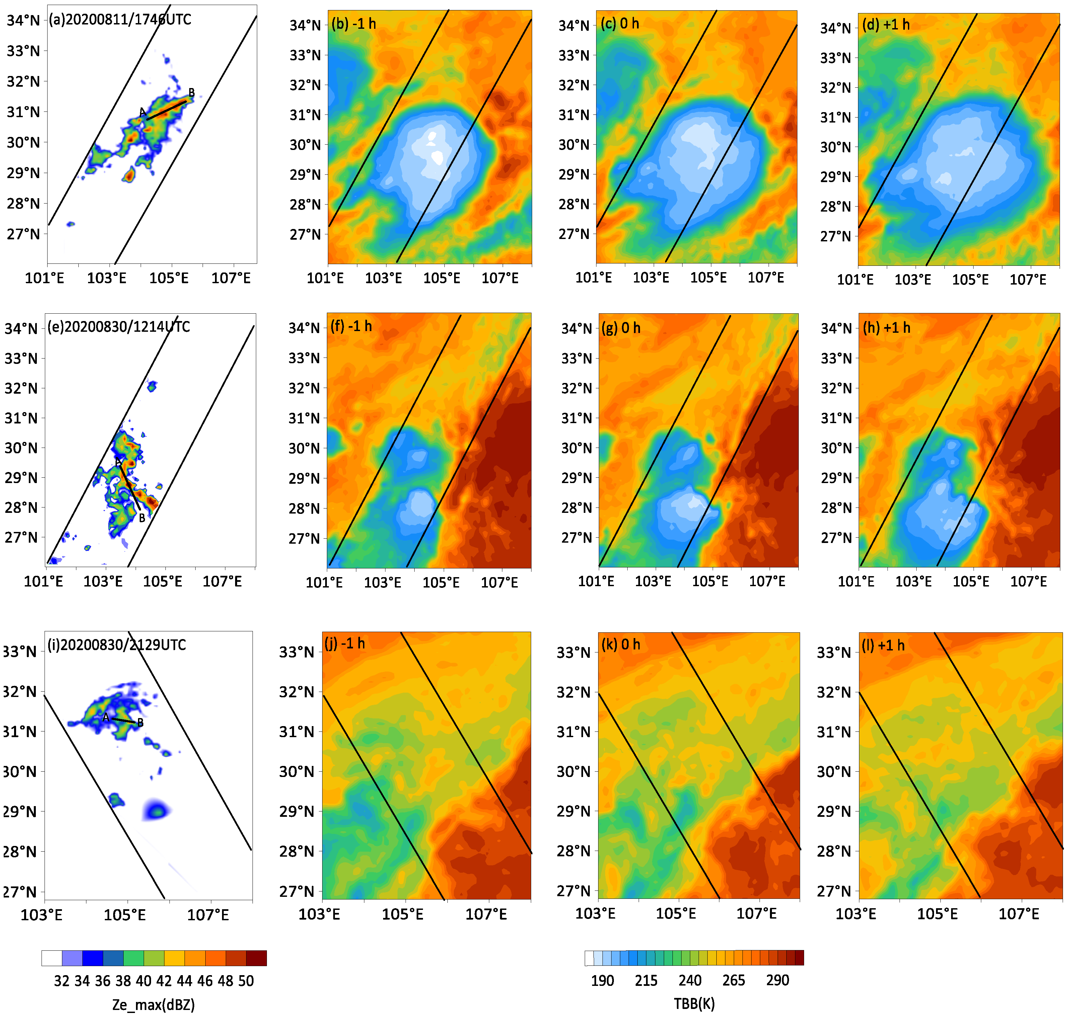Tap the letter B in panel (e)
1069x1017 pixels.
point(142,518)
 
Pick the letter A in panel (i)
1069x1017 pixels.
point(106,717)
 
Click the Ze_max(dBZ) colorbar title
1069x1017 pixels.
point(153,1005)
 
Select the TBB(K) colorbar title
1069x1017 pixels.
point(694,1004)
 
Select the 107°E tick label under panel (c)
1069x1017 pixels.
point(766,278)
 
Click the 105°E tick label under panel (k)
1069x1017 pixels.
point(676,914)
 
